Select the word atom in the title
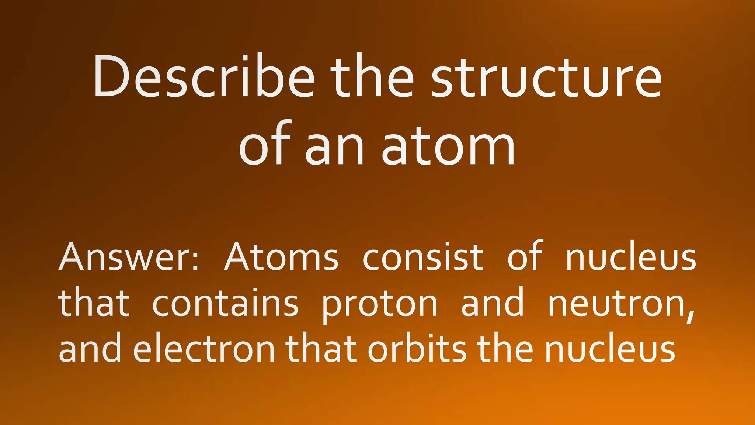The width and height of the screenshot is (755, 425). point(448,145)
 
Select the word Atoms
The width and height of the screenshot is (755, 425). point(281,257)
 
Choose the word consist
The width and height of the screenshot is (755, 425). point(423,257)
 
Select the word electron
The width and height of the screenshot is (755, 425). point(204,349)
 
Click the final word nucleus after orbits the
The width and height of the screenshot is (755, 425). point(610,349)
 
